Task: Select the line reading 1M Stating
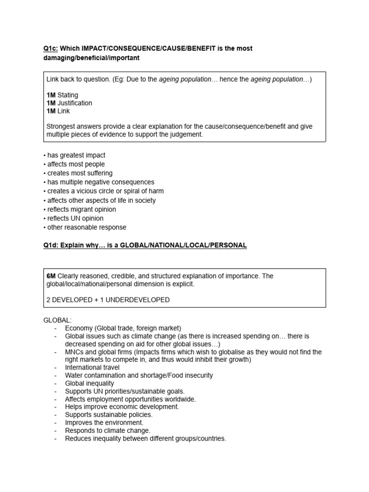pos(62,95)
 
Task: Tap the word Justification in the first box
pos(74,103)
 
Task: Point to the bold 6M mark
pos(51,276)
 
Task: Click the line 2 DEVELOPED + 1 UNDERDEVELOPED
pos(108,300)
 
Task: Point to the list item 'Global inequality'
pos(89,383)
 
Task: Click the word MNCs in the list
pos(74,352)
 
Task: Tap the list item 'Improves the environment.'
pos(104,422)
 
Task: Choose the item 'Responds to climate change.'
pos(108,430)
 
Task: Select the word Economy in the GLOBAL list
pos(79,328)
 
